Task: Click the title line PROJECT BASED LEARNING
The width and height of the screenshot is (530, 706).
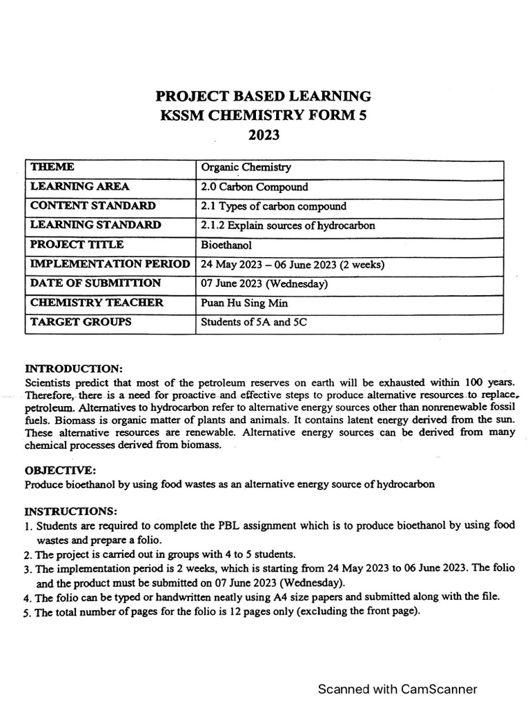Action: coord(264,96)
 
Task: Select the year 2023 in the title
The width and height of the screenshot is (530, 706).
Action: coord(264,135)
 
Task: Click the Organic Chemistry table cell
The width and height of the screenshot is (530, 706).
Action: coord(246,167)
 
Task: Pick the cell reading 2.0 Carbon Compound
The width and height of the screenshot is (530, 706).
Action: coord(254,187)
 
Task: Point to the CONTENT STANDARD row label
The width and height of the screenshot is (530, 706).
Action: coord(92,205)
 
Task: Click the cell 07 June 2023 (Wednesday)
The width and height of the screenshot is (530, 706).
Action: coord(264,283)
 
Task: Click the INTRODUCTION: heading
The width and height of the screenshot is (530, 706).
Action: coord(73,369)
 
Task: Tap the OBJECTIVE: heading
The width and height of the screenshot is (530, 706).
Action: coord(60,470)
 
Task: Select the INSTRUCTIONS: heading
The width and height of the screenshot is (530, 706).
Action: coord(70,511)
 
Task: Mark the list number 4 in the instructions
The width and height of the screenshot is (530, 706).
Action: coord(28,598)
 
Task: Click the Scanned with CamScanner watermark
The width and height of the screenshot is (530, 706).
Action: coord(397,689)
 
